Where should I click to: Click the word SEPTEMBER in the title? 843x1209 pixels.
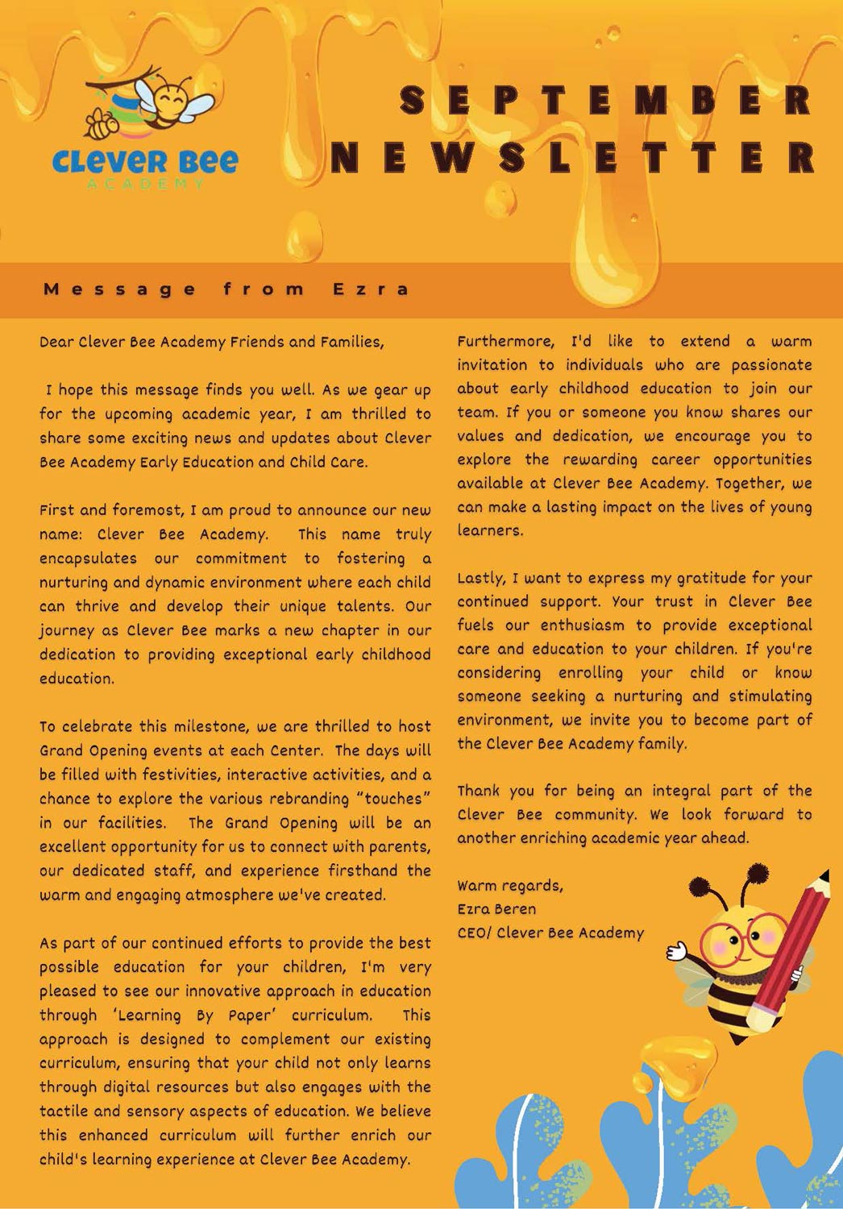point(606,100)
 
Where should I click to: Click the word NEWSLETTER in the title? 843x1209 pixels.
point(574,157)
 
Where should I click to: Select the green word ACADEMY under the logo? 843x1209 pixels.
point(146,185)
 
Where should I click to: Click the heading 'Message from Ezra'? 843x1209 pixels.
point(226,289)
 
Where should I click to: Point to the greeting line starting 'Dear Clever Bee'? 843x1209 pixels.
point(212,342)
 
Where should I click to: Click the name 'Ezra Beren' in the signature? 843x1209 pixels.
point(496,909)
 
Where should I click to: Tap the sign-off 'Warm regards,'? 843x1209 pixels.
point(510,886)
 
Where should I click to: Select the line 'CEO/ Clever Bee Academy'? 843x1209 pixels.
point(550,933)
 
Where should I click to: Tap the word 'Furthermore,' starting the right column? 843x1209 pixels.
point(505,342)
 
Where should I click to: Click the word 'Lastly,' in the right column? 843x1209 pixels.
point(481,578)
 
